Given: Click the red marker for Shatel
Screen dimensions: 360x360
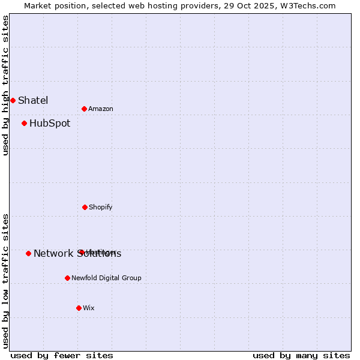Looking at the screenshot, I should [x=13, y=100].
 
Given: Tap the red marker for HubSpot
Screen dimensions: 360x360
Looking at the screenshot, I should [x=24, y=124].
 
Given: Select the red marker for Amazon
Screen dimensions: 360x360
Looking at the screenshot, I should [x=84, y=109].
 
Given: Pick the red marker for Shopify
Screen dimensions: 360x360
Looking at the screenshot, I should [x=85, y=207].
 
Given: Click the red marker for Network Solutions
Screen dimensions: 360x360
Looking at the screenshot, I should [x=28, y=253].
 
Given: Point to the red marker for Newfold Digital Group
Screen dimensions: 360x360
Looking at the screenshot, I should [x=67, y=278].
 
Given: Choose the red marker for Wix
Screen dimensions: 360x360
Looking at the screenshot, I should [x=79, y=308].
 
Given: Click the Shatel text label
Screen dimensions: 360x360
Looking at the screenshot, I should [x=33, y=100].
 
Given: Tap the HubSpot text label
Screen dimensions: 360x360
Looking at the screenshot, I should [x=50, y=124].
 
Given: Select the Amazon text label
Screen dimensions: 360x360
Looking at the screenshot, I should [x=101, y=109].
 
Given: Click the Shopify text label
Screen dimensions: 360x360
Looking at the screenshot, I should [x=101, y=207].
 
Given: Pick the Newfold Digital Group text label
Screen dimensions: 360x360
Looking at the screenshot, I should [x=106, y=278].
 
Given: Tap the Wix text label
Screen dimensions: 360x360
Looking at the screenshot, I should [x=89, y=308].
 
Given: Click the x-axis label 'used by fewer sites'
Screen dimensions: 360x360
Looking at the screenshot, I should [x=62, y=355].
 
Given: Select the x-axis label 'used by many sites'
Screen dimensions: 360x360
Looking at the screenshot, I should [x=301, y=355].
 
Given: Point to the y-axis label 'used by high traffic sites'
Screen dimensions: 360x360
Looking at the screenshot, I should [x=6, y=85].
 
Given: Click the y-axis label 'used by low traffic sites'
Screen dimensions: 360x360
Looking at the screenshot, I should [x=6, y=281].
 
